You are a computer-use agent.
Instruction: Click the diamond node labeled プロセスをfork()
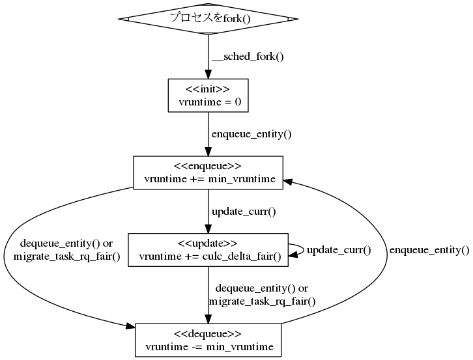click(208, 18)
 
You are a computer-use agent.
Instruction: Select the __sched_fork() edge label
click(248, 56)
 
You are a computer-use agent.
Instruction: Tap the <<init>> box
click(208, 96)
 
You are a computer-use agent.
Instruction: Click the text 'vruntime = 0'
click(208, 102)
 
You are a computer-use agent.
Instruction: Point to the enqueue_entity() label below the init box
click(251, 135)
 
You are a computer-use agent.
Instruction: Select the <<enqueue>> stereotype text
click(208, 166)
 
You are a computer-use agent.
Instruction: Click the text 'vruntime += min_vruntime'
click(208, 179)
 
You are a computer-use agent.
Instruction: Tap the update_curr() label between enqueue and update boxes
click(244, 212)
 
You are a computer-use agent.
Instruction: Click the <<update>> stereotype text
click(208, 243)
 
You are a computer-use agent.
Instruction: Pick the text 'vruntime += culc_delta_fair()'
click(208, 256)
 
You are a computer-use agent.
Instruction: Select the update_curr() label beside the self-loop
click(338, 250)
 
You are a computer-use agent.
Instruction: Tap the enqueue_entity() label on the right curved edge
click(429, 249)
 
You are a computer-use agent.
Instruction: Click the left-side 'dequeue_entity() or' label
click(66, 243)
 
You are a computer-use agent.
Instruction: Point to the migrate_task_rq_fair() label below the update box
click(262, 301)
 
